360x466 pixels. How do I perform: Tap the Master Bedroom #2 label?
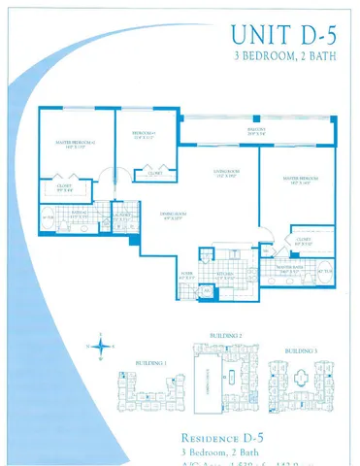coord(76,145)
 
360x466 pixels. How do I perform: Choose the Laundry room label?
coord(121,217)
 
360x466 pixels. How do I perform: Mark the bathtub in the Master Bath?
coord(325,273)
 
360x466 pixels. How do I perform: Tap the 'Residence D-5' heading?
coord(227,436)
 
